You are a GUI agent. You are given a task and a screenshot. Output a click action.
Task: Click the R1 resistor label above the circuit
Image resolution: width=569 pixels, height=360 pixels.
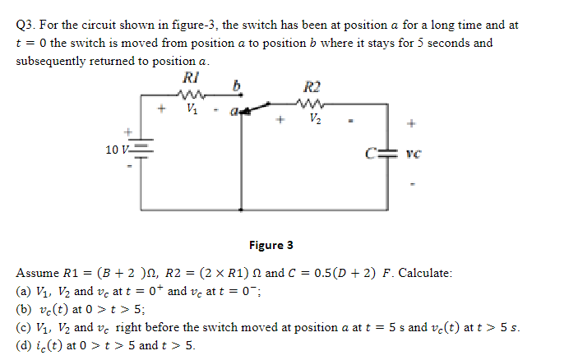[x=190, y=80]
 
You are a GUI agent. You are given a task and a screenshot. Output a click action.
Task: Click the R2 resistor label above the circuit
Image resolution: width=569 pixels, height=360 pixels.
[x=313, y=86]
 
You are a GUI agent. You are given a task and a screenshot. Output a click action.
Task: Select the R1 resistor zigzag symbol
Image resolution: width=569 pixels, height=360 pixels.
[x=191, y=94]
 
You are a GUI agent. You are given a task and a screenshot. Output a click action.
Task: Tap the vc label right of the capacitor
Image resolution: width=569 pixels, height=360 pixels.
[x=414, y=153]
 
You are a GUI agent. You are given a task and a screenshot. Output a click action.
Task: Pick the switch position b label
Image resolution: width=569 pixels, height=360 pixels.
[x=241, y=85]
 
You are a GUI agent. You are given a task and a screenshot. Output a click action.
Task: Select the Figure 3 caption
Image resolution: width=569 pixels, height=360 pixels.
[x=271, y=245]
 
